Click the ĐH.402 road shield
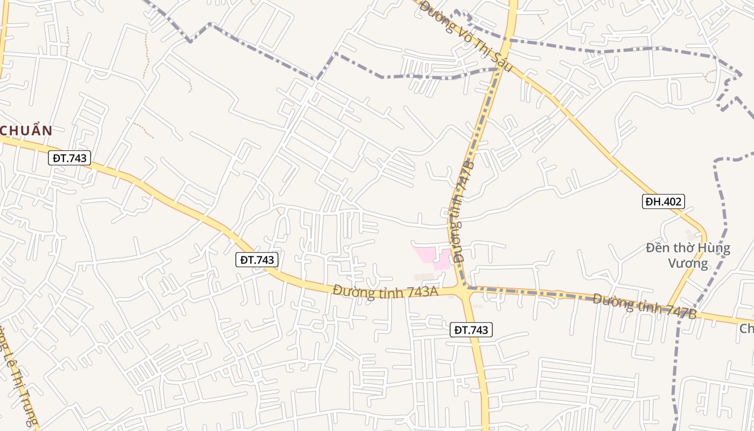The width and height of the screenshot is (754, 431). click(x=663, y=201)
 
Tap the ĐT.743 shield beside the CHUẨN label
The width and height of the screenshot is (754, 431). click(x=69, y=158)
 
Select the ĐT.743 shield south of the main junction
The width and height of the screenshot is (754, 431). click(x=471, y=330)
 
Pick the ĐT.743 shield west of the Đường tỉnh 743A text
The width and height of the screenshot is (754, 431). click(x=257, y=260)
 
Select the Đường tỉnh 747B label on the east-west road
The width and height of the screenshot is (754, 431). click(x=645, y=305)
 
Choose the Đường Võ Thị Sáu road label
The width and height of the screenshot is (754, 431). click(x=466, y=38)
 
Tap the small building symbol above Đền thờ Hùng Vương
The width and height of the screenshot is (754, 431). click(x=690, y=235)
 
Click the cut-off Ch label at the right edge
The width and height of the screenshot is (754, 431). click(x=746, y=329)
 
